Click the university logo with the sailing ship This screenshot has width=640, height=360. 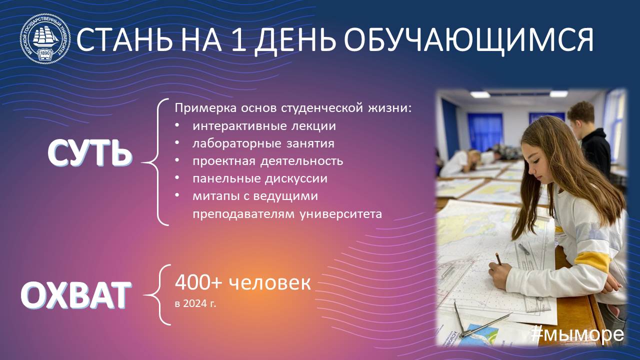click(x=45, y=38)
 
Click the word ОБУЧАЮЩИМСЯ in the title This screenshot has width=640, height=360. click(x=469, y=40)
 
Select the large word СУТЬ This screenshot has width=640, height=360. click(x=89, y=153)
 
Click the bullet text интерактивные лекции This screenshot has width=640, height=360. click(x=264, y=126)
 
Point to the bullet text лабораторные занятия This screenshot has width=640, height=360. click(x=263, y=143)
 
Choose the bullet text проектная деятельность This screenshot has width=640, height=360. click(x=267, y=161)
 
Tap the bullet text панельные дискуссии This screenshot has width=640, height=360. click(x=260, y=179)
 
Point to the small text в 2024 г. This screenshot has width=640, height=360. click(x=195, y=303)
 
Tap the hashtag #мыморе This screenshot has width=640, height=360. click(x=577, y=334)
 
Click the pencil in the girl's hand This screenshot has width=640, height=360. click(x=498, y=259)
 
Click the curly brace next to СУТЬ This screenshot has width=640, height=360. click(x=155, y=162)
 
